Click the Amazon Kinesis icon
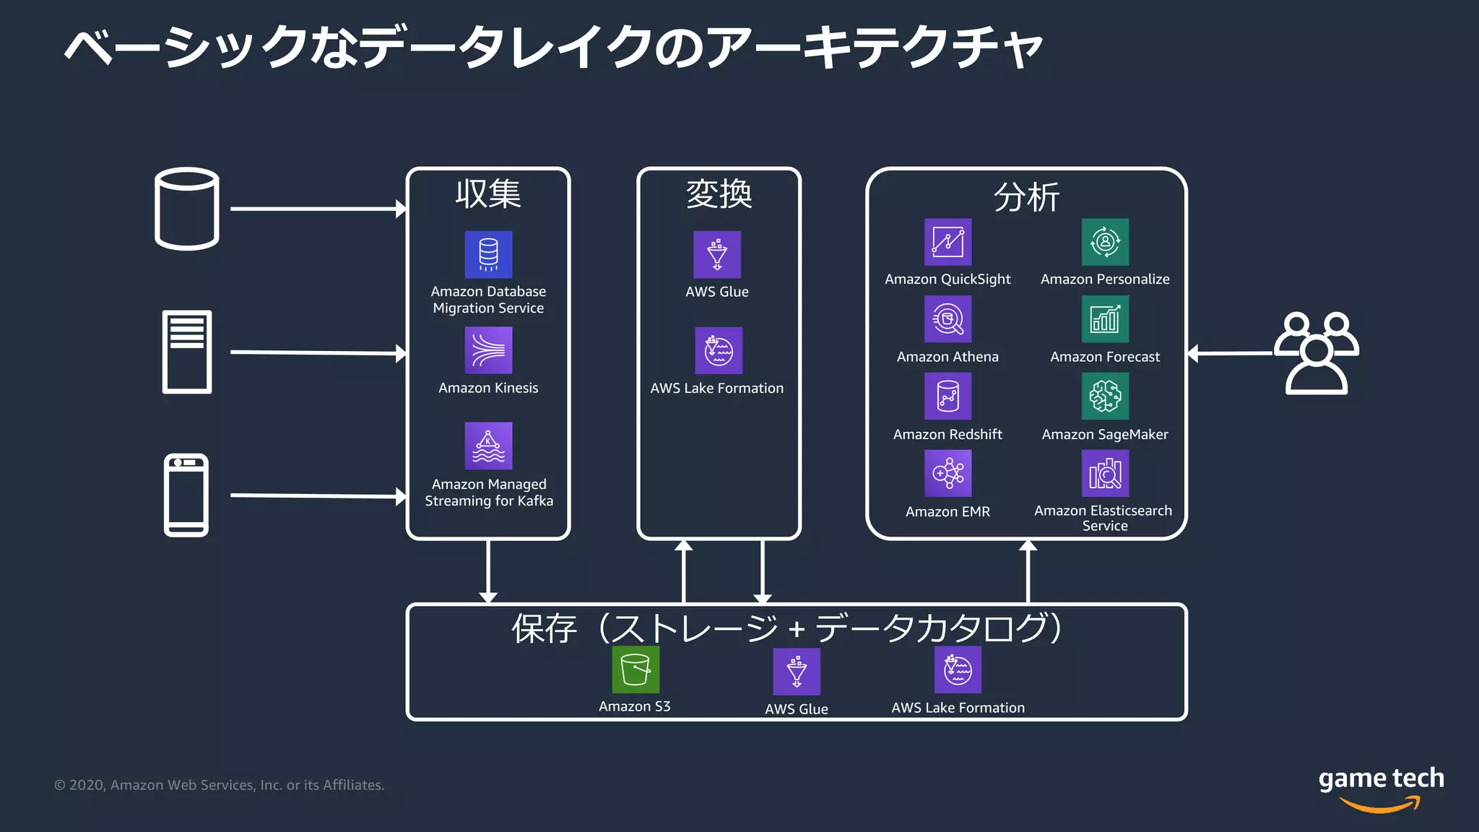[488, 350]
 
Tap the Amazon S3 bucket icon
[636, 669]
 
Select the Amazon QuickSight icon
[947, 242]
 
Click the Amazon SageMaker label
[1104, 434]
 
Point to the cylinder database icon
[187, 209]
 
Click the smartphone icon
[186, 495]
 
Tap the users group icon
[1316, 353]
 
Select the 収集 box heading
[487, 194]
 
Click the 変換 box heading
[719, 194]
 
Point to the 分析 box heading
[1026, 197]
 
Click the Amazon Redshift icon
[947, 396]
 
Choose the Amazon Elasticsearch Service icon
[1105, 474]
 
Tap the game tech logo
[1381, 787]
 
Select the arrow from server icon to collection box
[318, 352]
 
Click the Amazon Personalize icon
[1105, 242]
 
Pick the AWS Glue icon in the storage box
[797, 672]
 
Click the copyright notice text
[220, 785]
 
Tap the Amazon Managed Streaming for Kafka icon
[488, 446]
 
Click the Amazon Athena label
[947, 357]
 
